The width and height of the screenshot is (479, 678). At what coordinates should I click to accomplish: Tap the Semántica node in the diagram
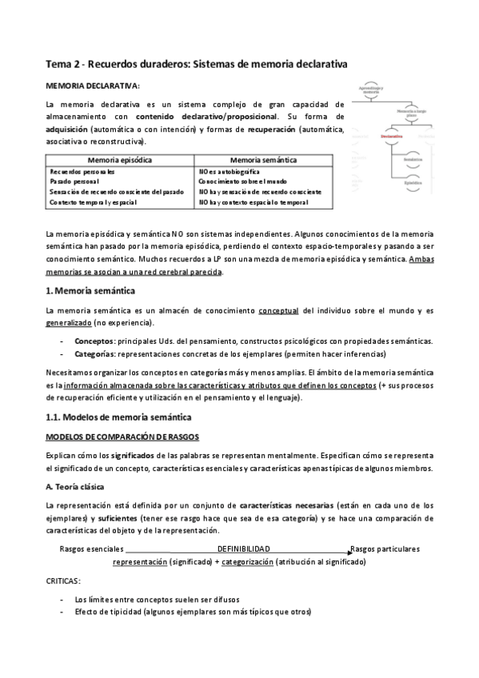point(413,160)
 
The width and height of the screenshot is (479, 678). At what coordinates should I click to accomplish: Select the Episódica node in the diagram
point(413,183)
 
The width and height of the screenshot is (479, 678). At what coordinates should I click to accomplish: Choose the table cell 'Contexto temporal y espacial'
point(93,202)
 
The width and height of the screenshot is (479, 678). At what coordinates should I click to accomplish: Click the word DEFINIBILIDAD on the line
point(243,549)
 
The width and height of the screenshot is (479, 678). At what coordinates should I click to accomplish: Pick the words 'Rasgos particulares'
point(385,549)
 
